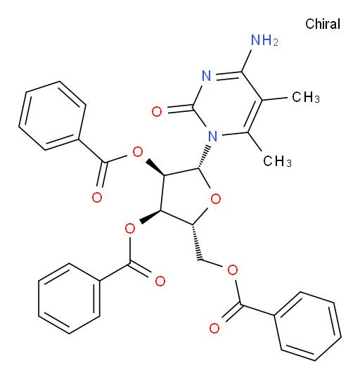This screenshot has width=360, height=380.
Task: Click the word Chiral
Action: [x=323, y=24]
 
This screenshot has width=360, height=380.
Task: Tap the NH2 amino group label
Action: [x=264, y=40]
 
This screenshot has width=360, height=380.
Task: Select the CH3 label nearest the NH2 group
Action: [x=306, y=97]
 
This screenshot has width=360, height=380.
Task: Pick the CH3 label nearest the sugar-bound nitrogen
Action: [x=277, y=161]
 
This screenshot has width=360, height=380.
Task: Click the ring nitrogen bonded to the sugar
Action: [x=213, y=137]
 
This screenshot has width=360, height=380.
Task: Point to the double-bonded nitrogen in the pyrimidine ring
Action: [x=207, y=76]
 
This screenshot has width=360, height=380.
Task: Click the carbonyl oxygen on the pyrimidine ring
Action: [x=157, y=112]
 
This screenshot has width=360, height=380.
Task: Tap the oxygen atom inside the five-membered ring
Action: [x=216, y=199]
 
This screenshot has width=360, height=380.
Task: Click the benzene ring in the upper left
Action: [x=52, y=115]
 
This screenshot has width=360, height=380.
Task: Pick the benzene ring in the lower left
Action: [x=69, y=298]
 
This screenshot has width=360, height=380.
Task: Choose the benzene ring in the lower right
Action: [x=308, y=327]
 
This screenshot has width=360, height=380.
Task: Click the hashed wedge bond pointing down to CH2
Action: [x=197, y=243]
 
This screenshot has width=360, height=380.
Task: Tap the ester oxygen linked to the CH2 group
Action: [x=233, y=270]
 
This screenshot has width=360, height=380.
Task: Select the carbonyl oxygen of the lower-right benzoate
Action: [x=214, y=328]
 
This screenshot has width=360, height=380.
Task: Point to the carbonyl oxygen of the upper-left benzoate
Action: [x=97, y=198]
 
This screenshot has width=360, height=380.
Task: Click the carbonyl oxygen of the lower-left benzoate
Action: [x=160, y=281]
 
